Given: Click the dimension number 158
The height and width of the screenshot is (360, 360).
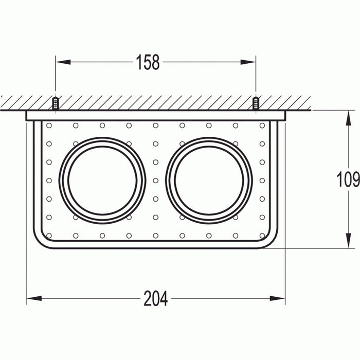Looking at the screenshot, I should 148,62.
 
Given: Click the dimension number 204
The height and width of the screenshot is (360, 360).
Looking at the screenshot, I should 155,298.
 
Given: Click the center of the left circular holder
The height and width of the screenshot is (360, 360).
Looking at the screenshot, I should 102,181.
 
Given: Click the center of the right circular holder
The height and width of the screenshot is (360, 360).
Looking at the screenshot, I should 209,181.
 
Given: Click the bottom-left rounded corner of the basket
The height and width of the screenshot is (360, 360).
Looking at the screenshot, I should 39,242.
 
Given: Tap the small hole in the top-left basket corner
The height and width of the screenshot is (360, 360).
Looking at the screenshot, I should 49,125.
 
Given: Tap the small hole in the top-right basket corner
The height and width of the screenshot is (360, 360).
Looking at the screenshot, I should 262,125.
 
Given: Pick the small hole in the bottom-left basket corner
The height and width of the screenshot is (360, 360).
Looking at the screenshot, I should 49,236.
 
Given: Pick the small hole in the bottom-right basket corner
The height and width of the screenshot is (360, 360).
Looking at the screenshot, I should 262,236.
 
